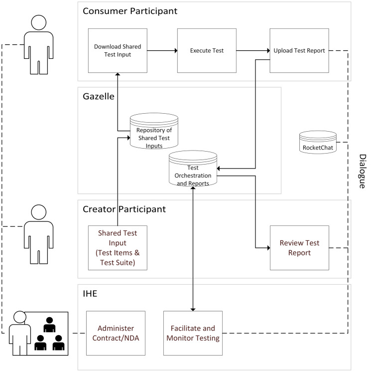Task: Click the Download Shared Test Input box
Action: pos(118,50)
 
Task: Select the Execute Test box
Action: pos(206,50)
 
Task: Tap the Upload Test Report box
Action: pos(299,50)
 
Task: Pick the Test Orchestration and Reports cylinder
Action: pos(193,171)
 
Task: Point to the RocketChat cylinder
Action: pos(318,143)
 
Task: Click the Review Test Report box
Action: pos(299,247)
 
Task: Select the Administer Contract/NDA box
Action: pos(116,332)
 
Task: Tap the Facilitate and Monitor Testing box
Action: pos(193,332)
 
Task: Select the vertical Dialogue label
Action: pos(362,171)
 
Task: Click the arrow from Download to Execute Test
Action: pos(162,50)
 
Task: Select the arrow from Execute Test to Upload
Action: pos(252,50)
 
